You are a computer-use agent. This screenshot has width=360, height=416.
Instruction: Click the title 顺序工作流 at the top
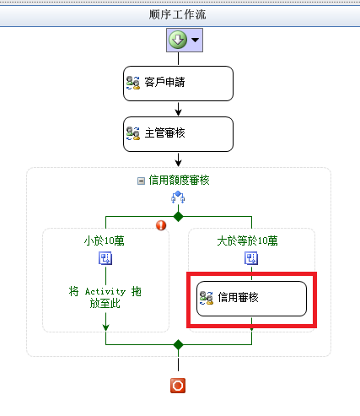[x=177, y=14]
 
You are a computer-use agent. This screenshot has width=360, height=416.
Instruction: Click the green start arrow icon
[x=178, y=40]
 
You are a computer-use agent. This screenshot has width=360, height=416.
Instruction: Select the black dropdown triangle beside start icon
[x=196, y=40]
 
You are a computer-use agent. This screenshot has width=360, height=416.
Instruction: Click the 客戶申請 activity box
[x=178, y=84]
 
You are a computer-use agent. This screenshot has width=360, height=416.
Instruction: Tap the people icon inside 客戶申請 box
[x=133, y=83]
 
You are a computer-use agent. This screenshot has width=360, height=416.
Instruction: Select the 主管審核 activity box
[x=178, y=134]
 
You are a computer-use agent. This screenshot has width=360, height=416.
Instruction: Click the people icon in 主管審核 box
[x=133, y=133]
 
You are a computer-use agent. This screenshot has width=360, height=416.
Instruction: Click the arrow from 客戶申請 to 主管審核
[x=178, y=109]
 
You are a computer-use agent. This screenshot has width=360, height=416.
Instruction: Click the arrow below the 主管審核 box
[x=178, y=159]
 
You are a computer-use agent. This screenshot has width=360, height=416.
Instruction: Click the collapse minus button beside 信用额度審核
[x=141, y=181]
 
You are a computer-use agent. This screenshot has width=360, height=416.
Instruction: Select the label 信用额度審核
[x=179, y=181]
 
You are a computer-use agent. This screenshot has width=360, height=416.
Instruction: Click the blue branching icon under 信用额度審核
[x=178, y=197]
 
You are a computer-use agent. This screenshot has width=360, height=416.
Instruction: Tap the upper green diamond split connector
[x=178, y=217]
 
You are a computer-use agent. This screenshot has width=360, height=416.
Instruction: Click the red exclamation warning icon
[x=161, y=225]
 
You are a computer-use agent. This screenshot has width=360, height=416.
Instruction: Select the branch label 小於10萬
[x=105, y=241]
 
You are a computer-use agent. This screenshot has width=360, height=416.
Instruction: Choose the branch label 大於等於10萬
[x=247, y=241]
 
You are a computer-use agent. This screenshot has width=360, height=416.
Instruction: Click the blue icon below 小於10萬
[x=105, y=258]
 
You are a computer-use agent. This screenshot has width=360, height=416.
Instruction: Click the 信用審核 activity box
[x=251, y=299]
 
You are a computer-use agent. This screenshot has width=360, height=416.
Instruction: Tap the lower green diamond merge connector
[x=178, y=344]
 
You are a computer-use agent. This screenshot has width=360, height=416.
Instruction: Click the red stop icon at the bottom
[x=178, y=386]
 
